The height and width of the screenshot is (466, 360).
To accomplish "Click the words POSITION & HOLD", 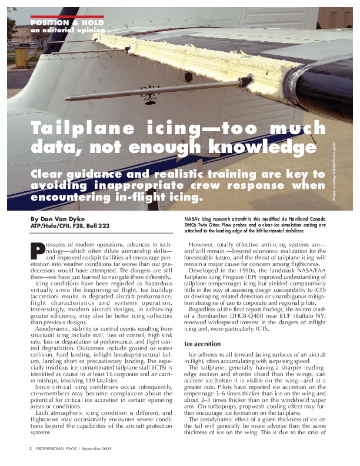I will coord(67,23).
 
